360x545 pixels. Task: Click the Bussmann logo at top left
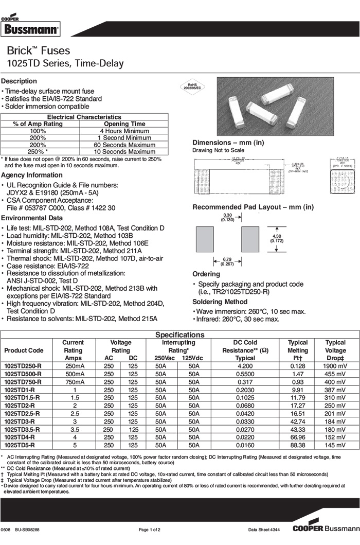[x=30, y=29]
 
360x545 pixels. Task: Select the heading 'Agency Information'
[x=32, y=175]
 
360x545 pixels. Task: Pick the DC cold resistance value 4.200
[x=245, y=366]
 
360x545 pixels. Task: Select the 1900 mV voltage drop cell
[x=335, y=366]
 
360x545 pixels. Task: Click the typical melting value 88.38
[x=298, y=445]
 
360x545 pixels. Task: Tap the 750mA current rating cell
[x=73, y=382]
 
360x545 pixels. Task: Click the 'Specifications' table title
[x=180, y=335]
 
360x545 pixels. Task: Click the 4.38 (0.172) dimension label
[x=276, y=239]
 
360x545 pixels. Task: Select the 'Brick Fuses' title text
[x=39, y=51]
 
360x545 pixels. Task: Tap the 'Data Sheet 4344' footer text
[x=264, y=530]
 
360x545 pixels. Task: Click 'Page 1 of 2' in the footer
[x=150, y=530]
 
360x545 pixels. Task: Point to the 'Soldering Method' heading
[x=220, y=302]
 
